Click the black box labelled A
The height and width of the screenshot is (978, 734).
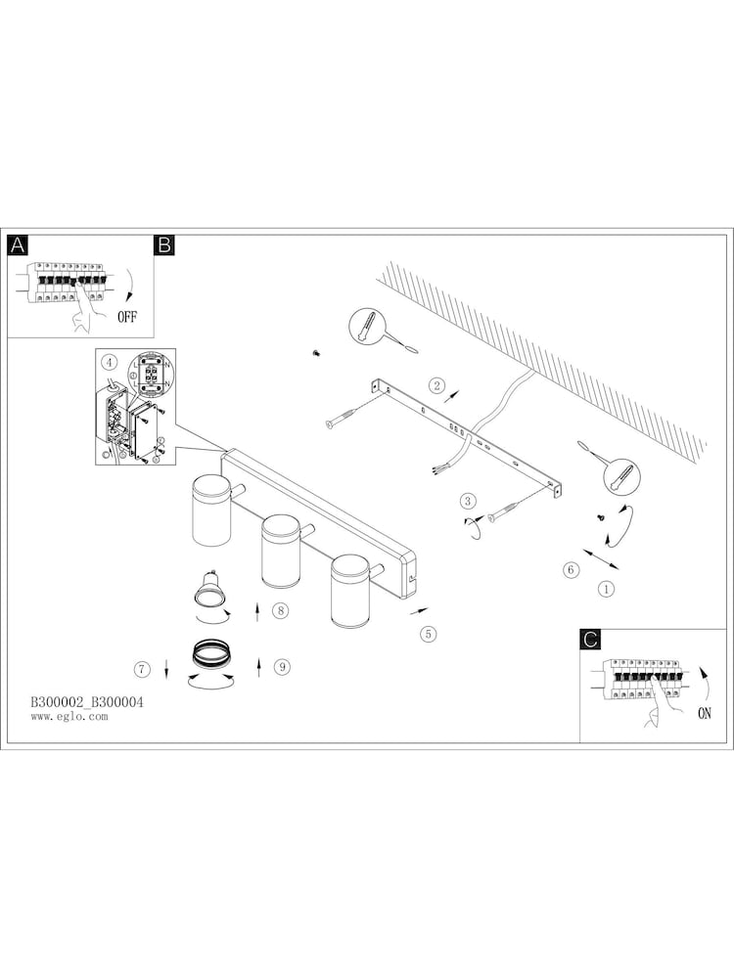(18, 245)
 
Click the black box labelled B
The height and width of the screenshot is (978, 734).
(164, 245)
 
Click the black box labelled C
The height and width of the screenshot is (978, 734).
(590, 640)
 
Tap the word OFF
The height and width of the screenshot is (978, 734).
(128, 316)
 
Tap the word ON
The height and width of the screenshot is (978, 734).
(705, 713)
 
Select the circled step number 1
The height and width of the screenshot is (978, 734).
(607, 590)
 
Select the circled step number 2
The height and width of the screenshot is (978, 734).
(437, 384)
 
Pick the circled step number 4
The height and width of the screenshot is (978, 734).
(110, 363)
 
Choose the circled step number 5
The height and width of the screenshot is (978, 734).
(428, 634)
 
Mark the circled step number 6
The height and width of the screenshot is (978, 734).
(571, 570)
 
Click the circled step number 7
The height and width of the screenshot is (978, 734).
(143, 669)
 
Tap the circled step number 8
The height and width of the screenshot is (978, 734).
(280, 611)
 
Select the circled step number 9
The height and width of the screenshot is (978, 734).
(282, 667)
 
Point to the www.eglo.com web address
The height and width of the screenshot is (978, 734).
(69, 717)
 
